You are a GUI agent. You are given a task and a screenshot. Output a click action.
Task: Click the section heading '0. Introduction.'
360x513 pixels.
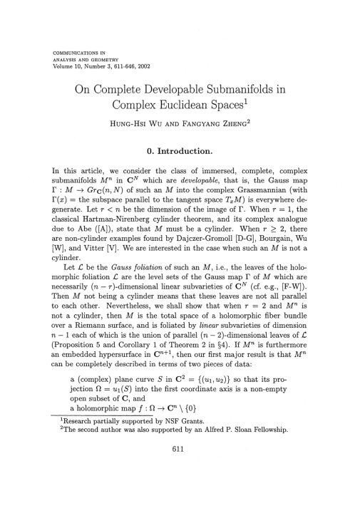180,152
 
